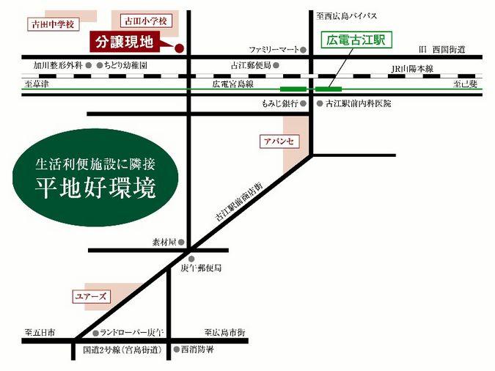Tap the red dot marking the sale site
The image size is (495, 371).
coord(179,49)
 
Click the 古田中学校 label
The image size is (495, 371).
coord(51,24)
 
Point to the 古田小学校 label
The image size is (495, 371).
coord(147,23)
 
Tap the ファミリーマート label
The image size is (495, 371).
coord(273,50)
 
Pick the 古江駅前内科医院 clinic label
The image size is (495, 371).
coord(359,104)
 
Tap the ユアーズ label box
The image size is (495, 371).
coord(92,296)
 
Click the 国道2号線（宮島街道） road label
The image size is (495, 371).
coord(122,350)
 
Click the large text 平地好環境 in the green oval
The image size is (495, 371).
coord(95,188)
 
